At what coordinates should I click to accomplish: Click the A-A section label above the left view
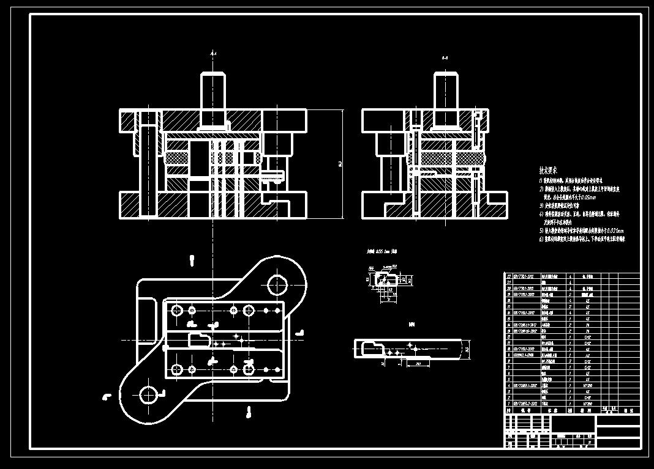[213, 54]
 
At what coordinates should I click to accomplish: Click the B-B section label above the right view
[445, 58]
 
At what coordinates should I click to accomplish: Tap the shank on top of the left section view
[212, 91]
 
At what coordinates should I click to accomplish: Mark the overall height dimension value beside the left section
[339, 164]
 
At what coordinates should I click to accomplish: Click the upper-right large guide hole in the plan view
[277, 285]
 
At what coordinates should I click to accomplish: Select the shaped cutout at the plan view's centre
[200, 339]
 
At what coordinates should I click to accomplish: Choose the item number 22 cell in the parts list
[508, 276]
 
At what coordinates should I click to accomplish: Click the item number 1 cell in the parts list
[508, 404]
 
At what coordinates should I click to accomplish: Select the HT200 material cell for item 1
[588, 404]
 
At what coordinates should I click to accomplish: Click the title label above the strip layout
[412, 325]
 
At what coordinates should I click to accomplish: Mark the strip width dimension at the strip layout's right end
[467, 350]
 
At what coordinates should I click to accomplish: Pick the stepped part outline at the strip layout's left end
[372, 348]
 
